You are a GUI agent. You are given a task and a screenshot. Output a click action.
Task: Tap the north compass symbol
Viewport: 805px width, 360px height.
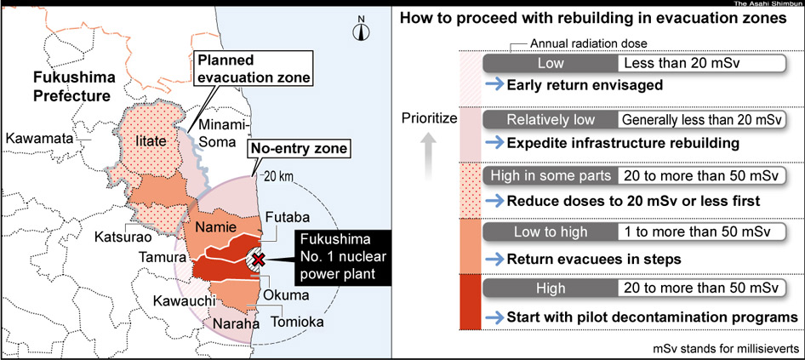click(x=361, y=29)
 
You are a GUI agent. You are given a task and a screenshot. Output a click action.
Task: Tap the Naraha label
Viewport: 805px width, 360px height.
click(x=237, y=324)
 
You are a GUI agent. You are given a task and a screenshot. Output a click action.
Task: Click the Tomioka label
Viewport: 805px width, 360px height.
click(x=299, y=323)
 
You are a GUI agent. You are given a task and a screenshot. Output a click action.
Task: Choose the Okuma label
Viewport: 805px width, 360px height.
click(x=286, y=296)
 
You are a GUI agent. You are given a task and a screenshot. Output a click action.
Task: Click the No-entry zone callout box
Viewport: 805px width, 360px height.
click(x=300, y=150)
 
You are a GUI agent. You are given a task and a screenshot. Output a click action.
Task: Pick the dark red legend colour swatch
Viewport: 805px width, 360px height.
click(x=470, y=302)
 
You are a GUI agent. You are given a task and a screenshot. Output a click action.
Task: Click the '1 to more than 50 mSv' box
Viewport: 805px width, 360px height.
click(x=702, y=231)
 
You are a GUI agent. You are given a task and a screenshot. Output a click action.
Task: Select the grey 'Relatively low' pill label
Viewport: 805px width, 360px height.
click(x=551, y=120)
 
